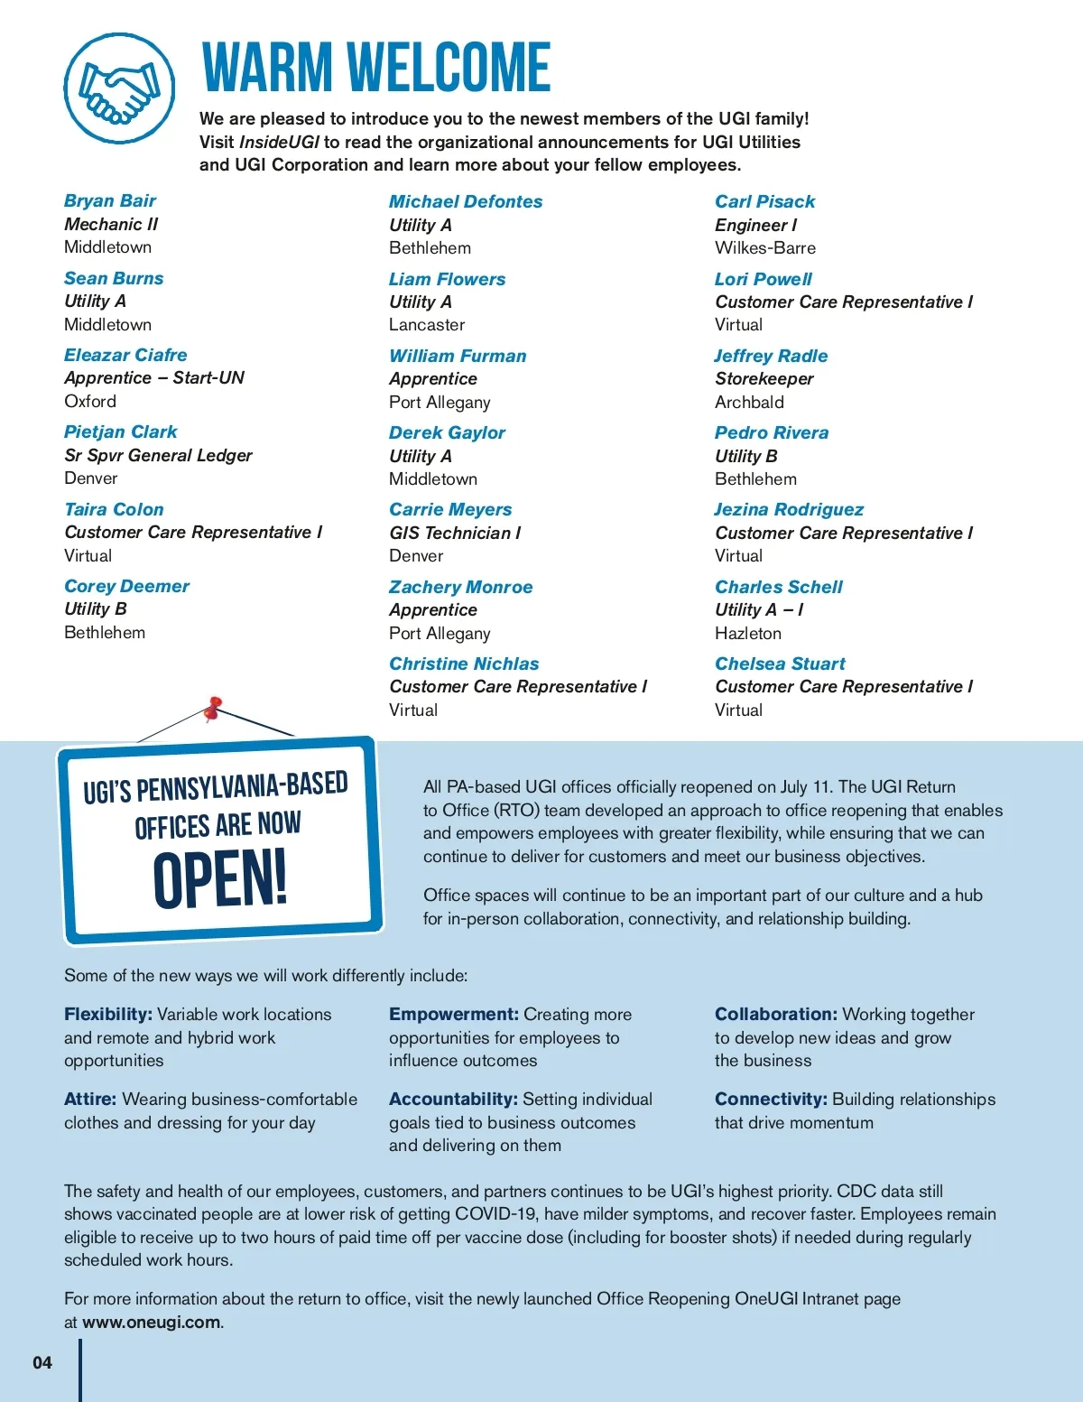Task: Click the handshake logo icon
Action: click(x=119, y=88)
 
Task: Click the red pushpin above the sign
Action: click(x=213, y=709)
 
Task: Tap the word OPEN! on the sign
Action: click(x=219, y=879)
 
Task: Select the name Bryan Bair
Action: click(x=110, y=200)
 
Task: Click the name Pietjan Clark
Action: click(x=121, y=432)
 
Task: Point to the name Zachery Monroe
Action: click(x=460, y=587)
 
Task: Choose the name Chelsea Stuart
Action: click(x=780, y=664)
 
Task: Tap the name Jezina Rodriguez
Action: click(x=789, y=509)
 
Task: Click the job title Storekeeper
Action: click(x=764, y=378)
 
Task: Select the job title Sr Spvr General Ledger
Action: click(x=158, y=455)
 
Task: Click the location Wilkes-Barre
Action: click(x=764, y=247)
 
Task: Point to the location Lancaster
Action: click(x=427, y=324)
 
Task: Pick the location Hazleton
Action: click(x=747, y=633)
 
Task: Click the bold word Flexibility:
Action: click(x=108, y=1014)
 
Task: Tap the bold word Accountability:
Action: click(x=453, y=1099)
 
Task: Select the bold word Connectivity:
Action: click(x=771, y=1099)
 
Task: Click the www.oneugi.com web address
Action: click(x=151, y=1322)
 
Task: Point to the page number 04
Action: click(x=42, y=1362)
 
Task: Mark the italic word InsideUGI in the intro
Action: click(x=279, y=142)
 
